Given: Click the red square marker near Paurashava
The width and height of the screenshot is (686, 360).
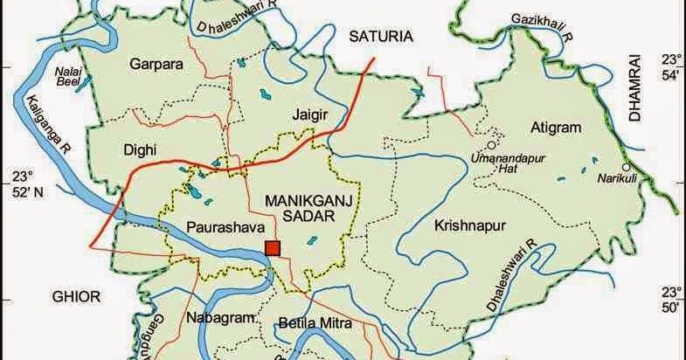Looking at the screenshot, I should click(274, 248).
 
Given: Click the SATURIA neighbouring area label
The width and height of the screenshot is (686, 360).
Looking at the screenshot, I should click(380, 36).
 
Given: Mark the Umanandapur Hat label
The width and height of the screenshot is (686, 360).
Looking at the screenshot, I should click(509, 160).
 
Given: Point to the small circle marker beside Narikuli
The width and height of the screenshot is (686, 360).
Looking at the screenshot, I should click(625, 166).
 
